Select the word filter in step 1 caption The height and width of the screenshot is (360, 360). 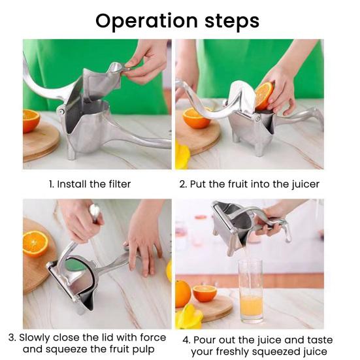pos(118,184)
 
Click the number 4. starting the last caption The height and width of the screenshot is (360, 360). pos(187,340)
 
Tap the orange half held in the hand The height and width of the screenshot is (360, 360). pos(264,95)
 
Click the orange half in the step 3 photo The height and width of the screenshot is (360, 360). pos(35,243)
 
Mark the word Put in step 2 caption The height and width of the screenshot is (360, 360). pos(199,184)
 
